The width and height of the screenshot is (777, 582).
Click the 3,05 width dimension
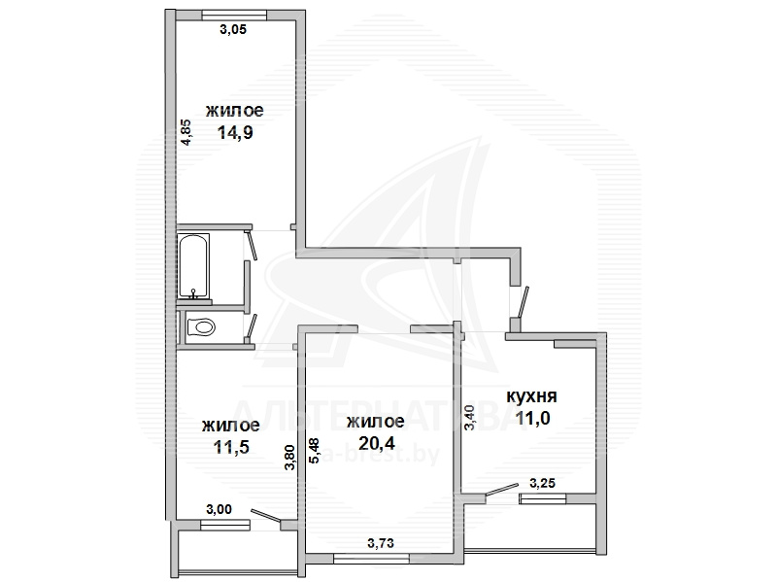233,30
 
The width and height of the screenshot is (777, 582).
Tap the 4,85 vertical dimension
186,132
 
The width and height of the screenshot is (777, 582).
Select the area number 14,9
235,133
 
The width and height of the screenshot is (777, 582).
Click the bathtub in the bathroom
194,265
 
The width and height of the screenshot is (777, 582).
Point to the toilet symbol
201,327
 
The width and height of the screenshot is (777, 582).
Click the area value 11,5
231,447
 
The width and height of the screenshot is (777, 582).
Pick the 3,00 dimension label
218,509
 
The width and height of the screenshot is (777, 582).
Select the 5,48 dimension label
314,450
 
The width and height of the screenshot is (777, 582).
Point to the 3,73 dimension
381,543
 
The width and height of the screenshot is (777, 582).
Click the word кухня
531,396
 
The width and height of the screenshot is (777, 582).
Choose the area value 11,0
532,419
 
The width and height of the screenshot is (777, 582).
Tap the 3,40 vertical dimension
469,418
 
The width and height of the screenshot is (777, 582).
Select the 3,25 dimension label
542,483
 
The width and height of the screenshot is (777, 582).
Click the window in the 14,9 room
234,16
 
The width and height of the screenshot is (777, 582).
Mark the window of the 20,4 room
372,559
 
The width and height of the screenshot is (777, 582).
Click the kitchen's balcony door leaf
501,489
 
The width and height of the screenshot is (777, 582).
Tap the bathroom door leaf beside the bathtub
252,245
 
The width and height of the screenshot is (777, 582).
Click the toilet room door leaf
252,327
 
